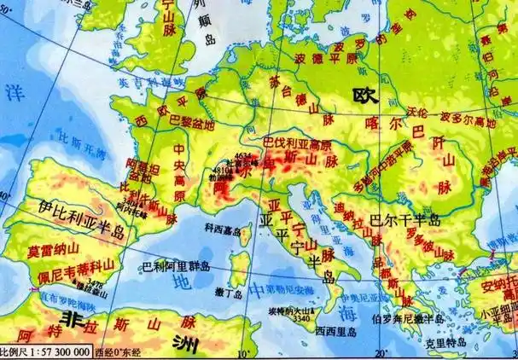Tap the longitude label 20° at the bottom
379,352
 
